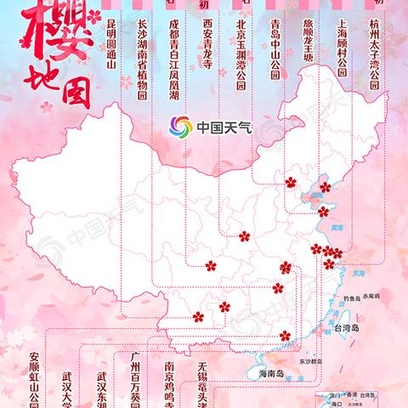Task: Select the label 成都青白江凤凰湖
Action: tap(173, 60)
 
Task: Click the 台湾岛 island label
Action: tap(350, 327)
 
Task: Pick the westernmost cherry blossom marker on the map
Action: tap(198, 316)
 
